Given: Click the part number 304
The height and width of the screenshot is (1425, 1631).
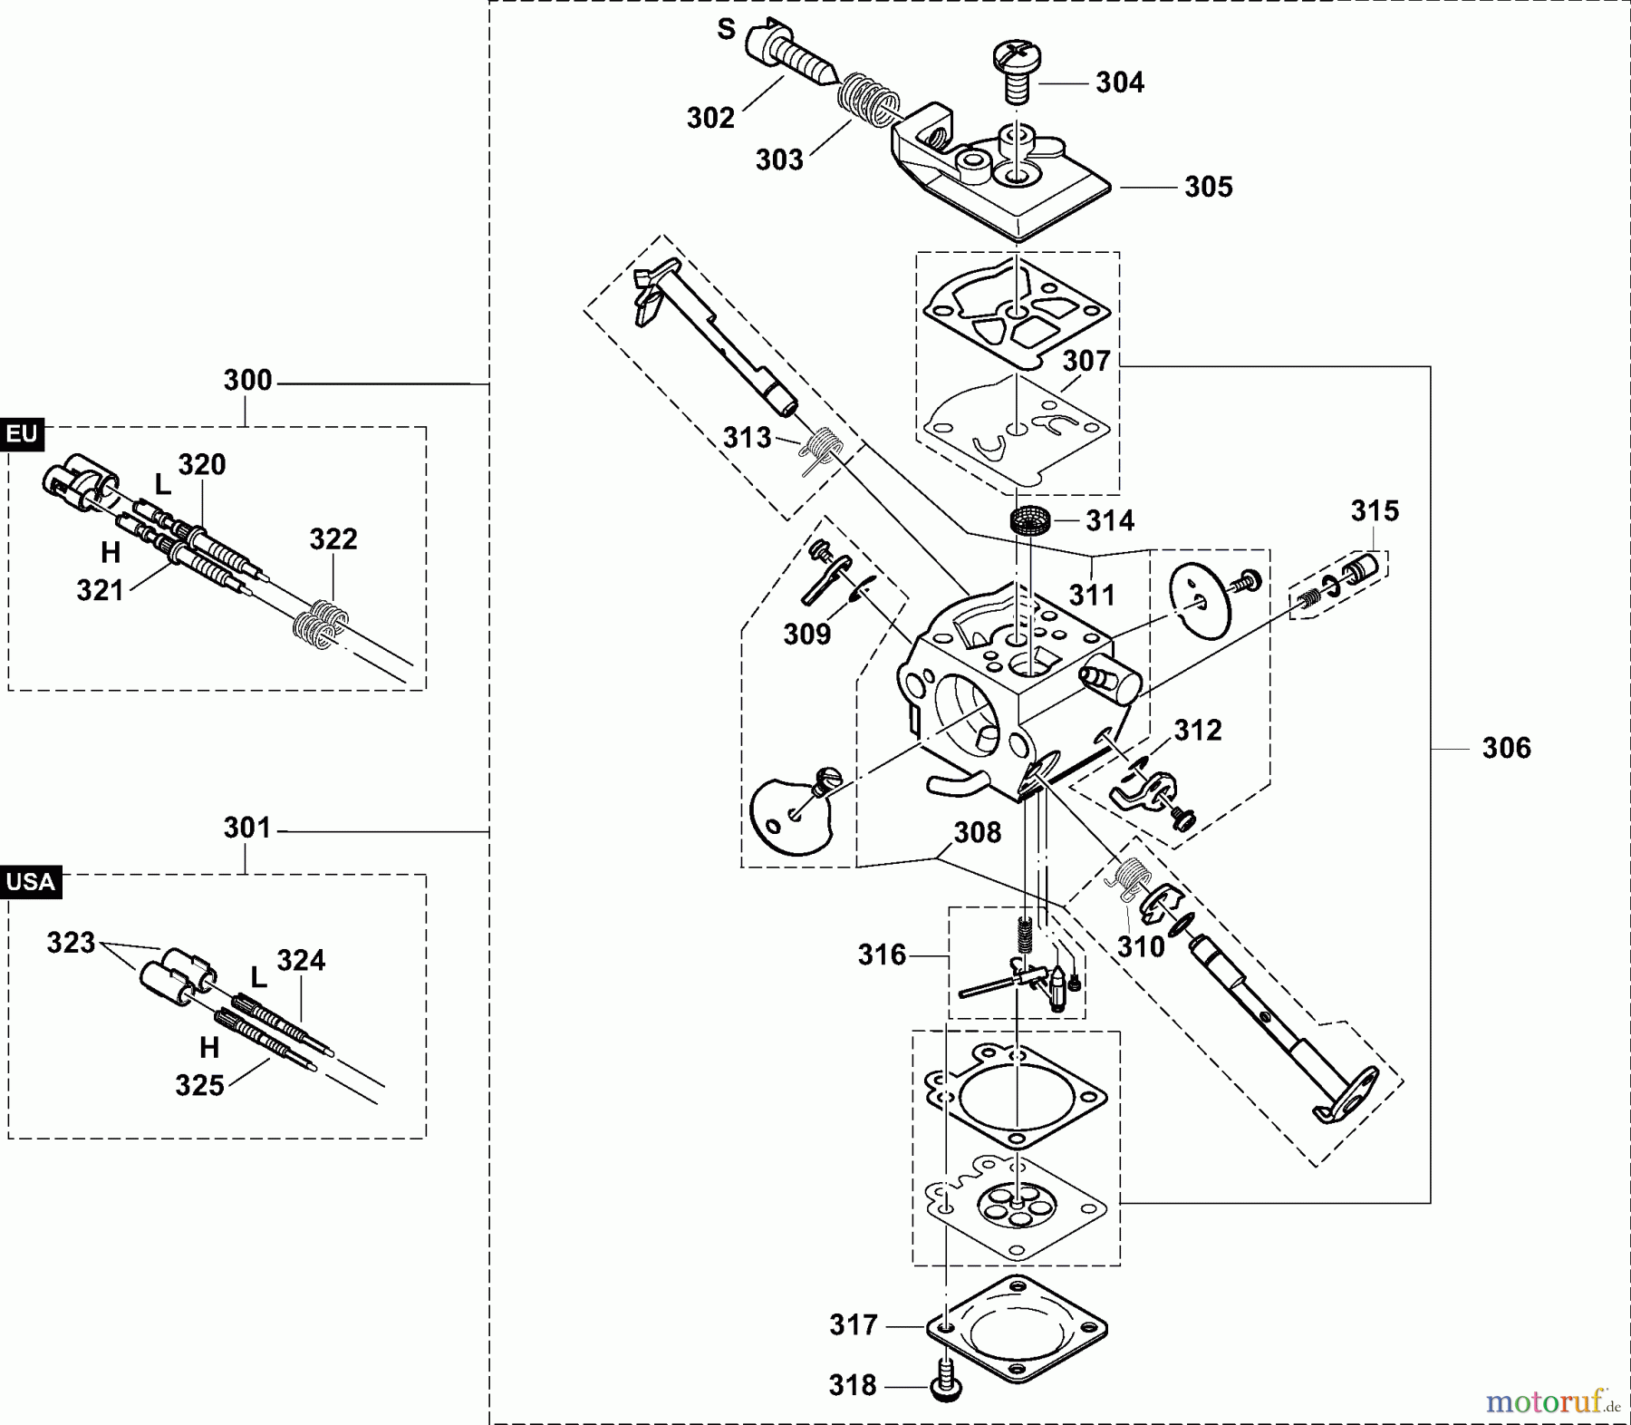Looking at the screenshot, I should (1120, 82).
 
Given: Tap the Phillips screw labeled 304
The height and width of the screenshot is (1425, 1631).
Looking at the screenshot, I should (1017, 67).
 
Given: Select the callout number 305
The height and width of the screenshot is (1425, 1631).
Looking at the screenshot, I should (1208, 187).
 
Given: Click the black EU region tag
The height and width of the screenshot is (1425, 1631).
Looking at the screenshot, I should (22, 434).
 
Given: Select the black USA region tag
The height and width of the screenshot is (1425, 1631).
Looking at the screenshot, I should (31, 882).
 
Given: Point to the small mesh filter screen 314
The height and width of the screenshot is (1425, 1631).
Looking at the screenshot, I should (1030, 522).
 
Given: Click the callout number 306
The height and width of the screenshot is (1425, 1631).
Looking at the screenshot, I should (1506, 748).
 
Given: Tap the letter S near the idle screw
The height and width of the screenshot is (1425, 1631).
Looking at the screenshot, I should (726, 29).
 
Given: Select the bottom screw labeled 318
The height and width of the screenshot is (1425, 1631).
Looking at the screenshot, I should (946, 1385).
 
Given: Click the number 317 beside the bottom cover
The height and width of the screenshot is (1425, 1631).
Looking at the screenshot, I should (854, 1325).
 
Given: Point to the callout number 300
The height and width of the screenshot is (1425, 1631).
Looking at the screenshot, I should (247, 380).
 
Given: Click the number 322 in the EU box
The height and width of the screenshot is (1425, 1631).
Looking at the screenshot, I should (333, 539).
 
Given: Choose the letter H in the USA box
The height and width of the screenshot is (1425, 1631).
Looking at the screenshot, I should (209, 1048).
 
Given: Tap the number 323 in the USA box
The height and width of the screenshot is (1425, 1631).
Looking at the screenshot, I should (71, 943).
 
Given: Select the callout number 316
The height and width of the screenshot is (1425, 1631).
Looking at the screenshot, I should (882, 955).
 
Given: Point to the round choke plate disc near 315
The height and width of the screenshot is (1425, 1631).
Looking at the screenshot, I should (1200, 593).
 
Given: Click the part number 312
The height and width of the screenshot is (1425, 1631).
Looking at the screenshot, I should (1198, 731).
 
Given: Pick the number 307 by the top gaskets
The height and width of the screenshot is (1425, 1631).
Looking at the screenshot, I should (1086, 361).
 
